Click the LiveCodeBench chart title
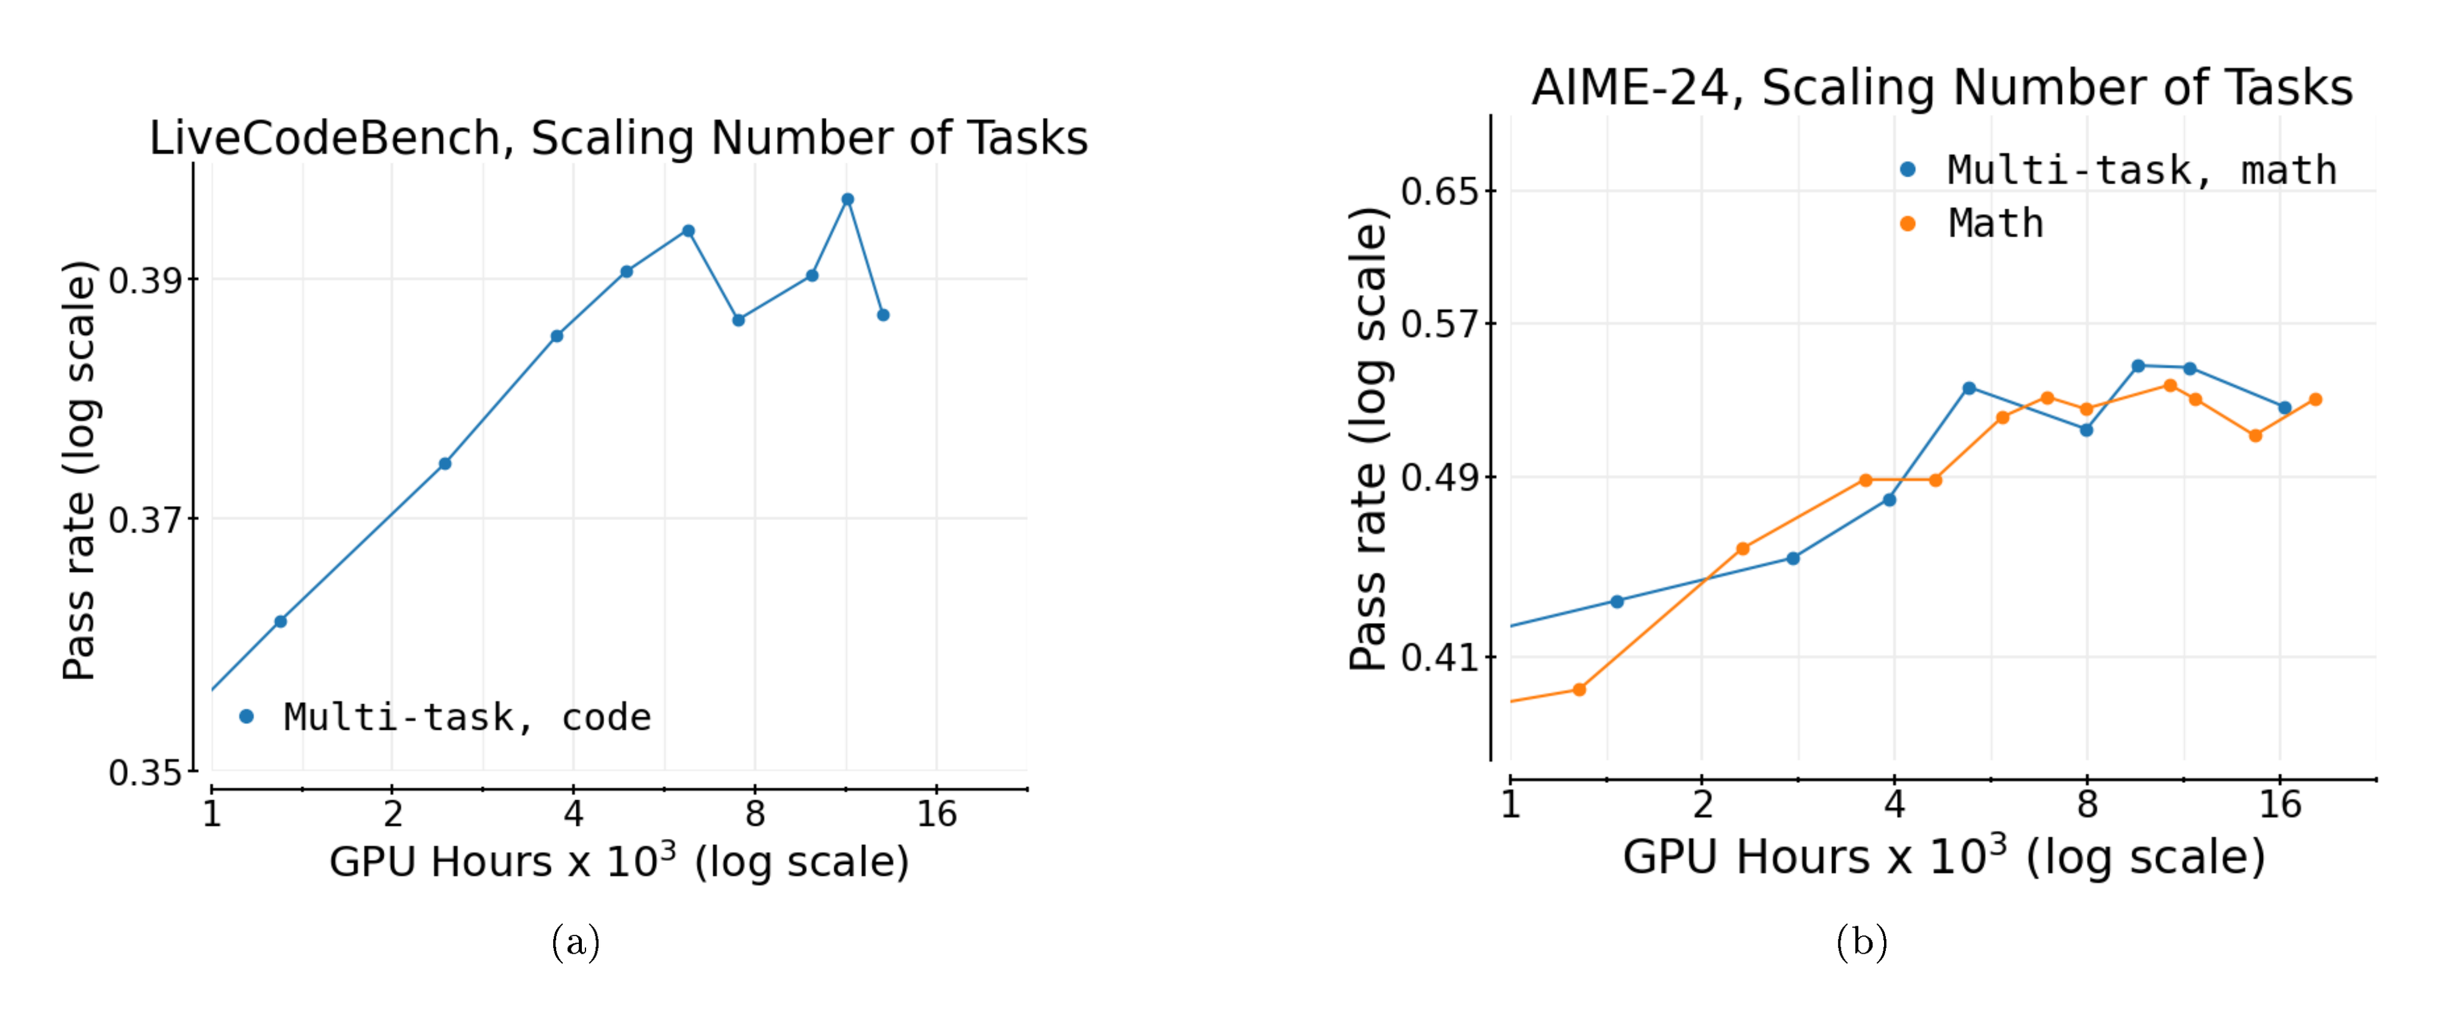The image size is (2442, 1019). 618,139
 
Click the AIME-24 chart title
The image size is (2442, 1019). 1941,87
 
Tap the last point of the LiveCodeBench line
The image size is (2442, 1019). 883,315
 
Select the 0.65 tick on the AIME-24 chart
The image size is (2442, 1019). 1439,192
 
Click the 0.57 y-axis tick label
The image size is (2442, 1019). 1439,324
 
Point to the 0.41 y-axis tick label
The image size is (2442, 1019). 1439,657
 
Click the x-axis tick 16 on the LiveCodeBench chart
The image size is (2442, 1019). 937,813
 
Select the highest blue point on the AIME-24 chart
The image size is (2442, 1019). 2138,366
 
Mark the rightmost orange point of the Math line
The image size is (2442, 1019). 2315,399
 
